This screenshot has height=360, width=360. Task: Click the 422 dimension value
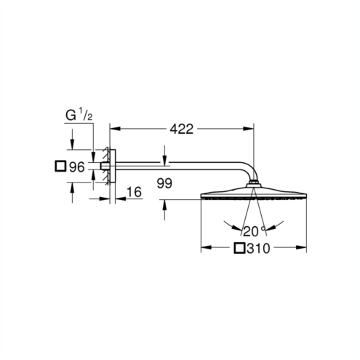coord(181,129)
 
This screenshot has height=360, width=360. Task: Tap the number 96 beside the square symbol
coord(77,167)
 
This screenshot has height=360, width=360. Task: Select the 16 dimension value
coord(134,192)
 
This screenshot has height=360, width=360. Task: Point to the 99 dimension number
coord(164,183)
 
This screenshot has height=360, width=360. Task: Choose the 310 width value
coord(258,249)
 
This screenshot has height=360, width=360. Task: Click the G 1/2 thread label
coord(79,116)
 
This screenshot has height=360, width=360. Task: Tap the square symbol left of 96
coord(60,167)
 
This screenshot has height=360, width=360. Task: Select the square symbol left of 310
coord(239,248)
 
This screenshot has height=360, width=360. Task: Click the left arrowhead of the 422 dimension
coord(115,129)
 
